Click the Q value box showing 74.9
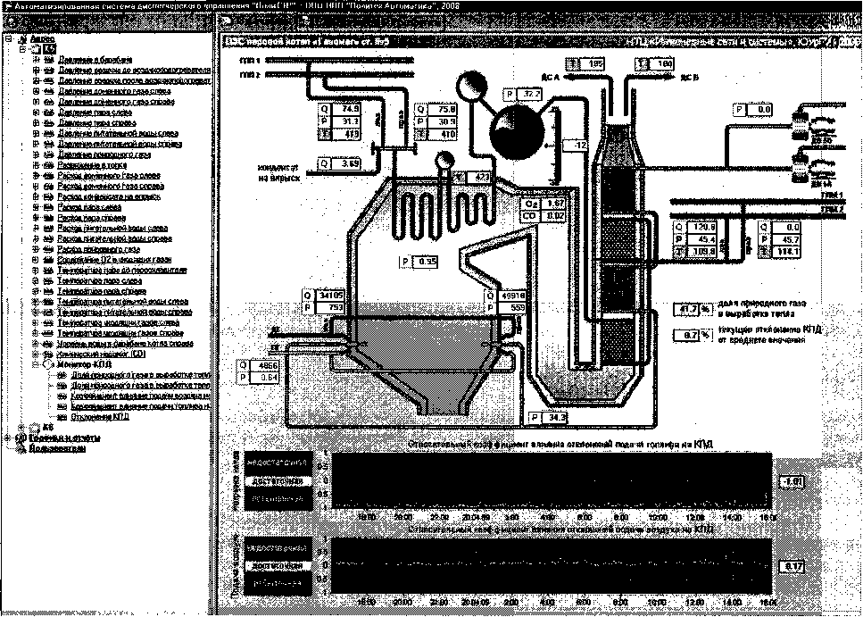[x=350, y=108]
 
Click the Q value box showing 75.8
[x=448, y=108]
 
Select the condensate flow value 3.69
[x=350, y=163]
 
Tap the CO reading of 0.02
[x=555, y=215]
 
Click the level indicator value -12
[x=579, y=144]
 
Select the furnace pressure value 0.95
[x=428, y=262]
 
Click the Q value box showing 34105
[x=331, y=295]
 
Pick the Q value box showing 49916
[x=514, y=295]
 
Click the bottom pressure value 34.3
[x=558, y=417]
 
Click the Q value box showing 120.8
[x=705, y=227]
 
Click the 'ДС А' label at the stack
[x=550, y=78]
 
